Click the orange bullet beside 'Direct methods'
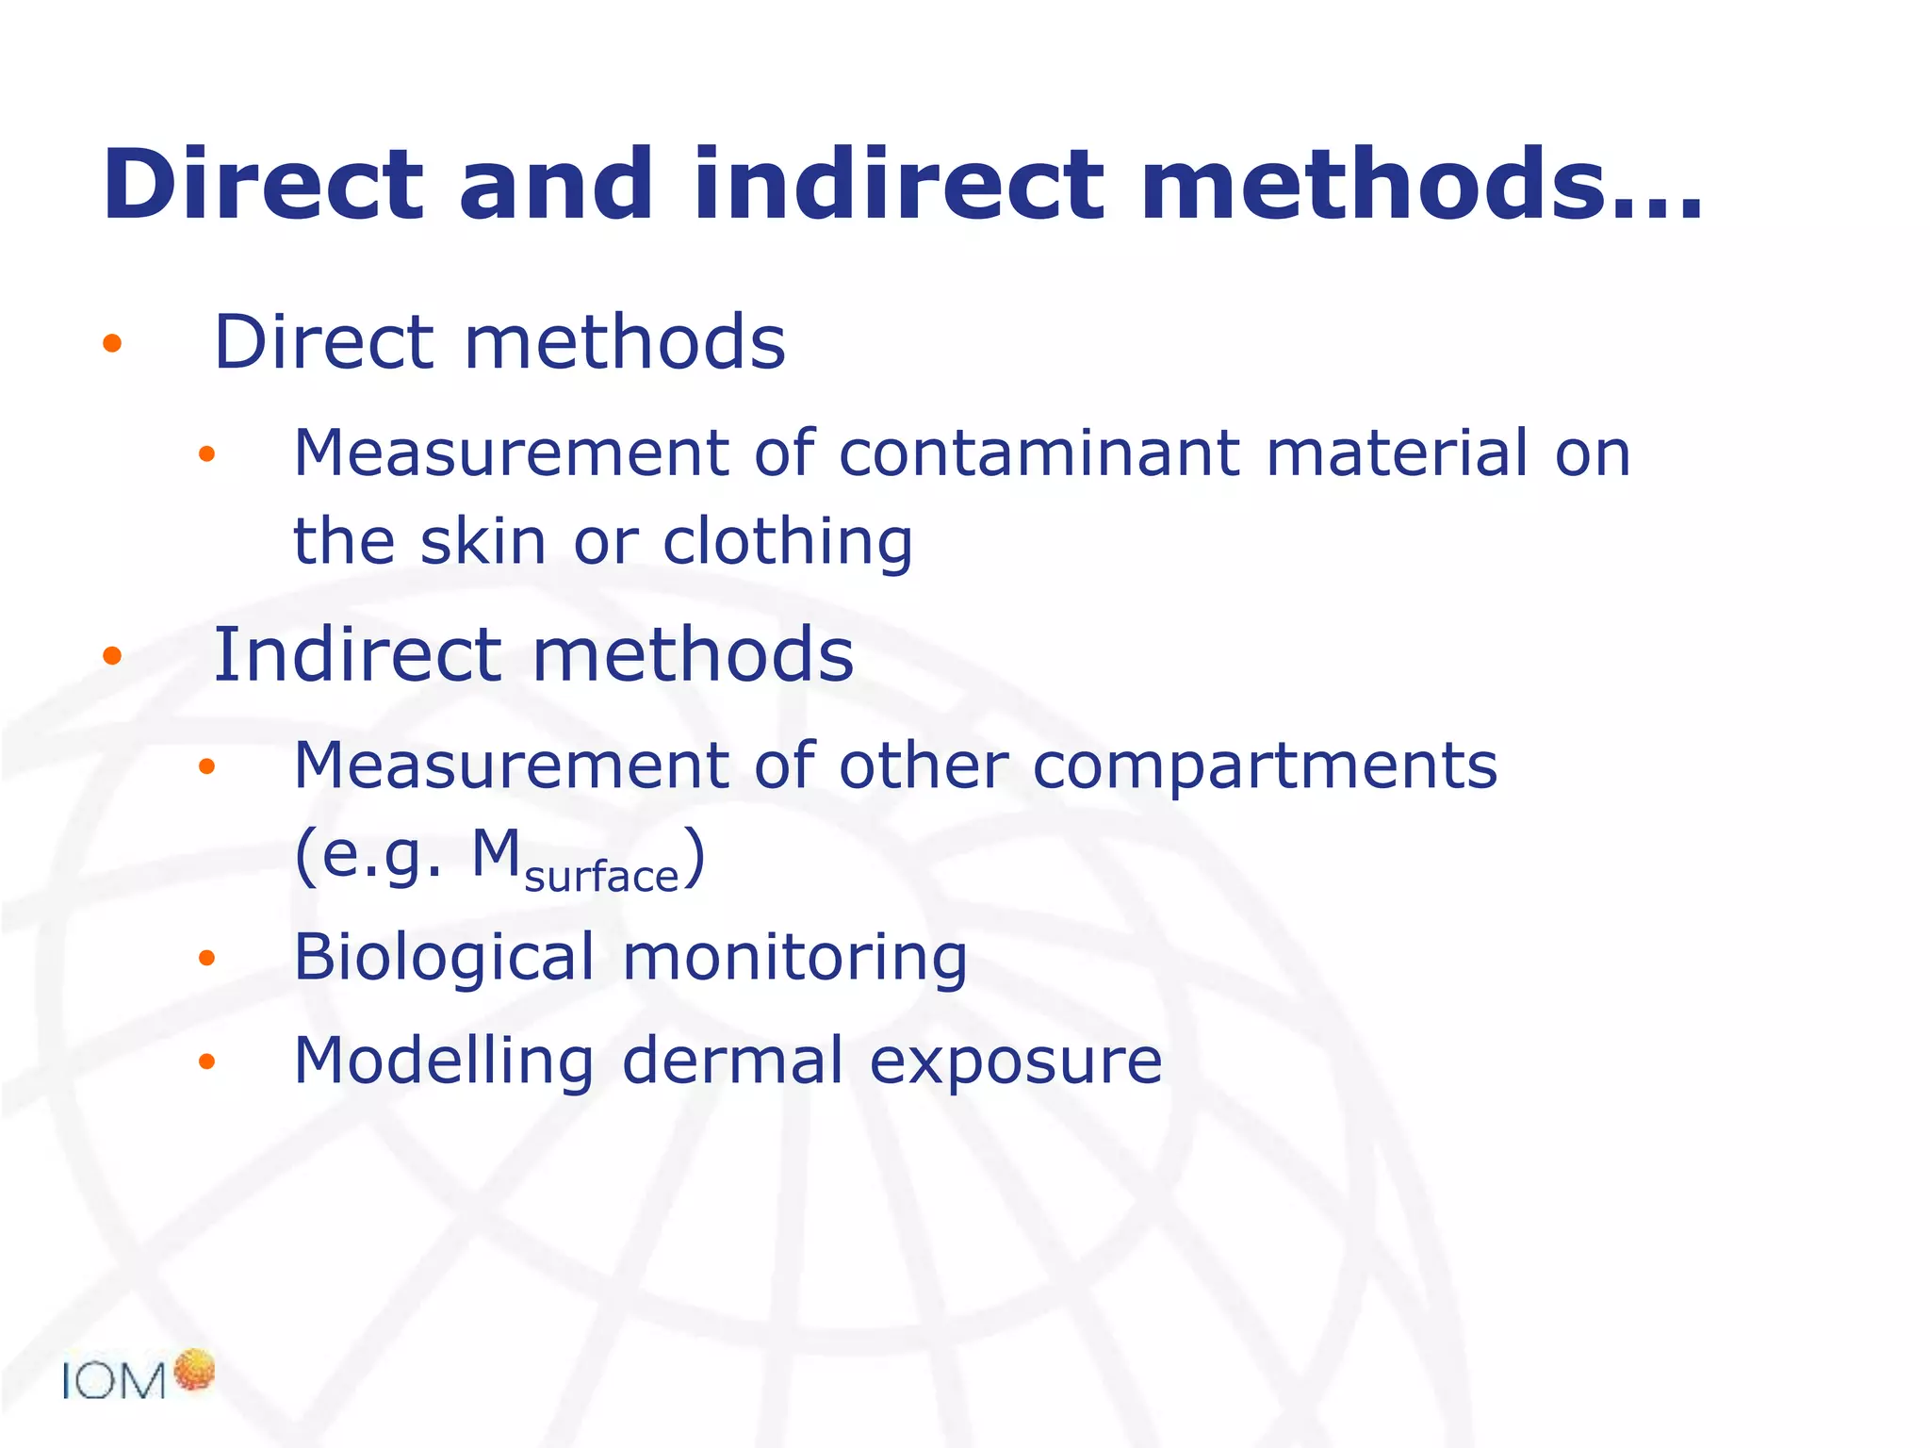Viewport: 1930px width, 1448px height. (112, 343)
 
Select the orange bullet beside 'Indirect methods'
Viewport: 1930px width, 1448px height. (112, 656)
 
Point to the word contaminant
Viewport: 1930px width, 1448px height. (1038, 453)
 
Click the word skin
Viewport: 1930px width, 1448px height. (483, 542)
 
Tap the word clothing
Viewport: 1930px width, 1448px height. (788, 544)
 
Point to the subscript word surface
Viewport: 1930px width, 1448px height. (601, 877)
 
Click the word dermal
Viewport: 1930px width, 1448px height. (732, 1061)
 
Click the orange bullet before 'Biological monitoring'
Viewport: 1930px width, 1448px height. (207, 960)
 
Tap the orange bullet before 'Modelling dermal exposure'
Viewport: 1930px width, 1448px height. (207, 1062)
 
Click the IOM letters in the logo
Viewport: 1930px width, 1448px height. (114, 1382)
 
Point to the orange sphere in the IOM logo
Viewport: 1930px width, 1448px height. (195, 1370)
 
